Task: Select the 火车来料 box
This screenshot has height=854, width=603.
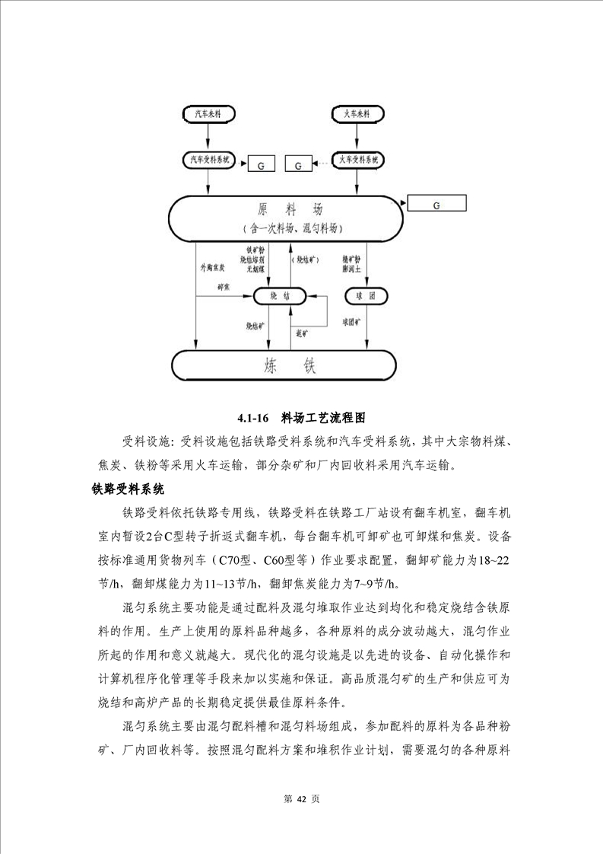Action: point(356,114)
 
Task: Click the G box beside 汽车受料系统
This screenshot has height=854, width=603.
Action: point(261,164)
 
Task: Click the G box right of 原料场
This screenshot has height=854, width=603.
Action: point(436,204)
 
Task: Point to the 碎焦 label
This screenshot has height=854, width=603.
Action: point(225,287)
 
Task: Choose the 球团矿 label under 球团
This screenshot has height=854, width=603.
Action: point(355,323)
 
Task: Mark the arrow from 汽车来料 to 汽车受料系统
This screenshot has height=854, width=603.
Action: point(196,136)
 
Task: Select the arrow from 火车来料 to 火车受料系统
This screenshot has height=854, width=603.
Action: point(356,136)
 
